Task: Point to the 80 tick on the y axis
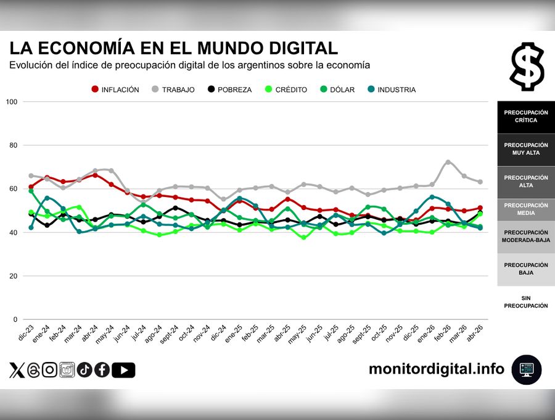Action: coord(12,145)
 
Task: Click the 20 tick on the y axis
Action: coord(12,276)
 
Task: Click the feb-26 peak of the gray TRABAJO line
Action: coord(448,162)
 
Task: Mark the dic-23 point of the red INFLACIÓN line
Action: coord(31,187)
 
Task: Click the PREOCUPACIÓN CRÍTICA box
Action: coord(525,117)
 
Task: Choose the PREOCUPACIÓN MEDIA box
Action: coord(525,209)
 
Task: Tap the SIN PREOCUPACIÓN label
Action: coord(525,302)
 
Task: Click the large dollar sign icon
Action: coord(527,66)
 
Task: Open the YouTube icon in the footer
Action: coord(124,370)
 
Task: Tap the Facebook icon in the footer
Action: coord(102,370)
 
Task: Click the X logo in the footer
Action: coord(17,370)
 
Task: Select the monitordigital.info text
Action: coord(436,369)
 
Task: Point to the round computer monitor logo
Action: coord(527,370)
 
